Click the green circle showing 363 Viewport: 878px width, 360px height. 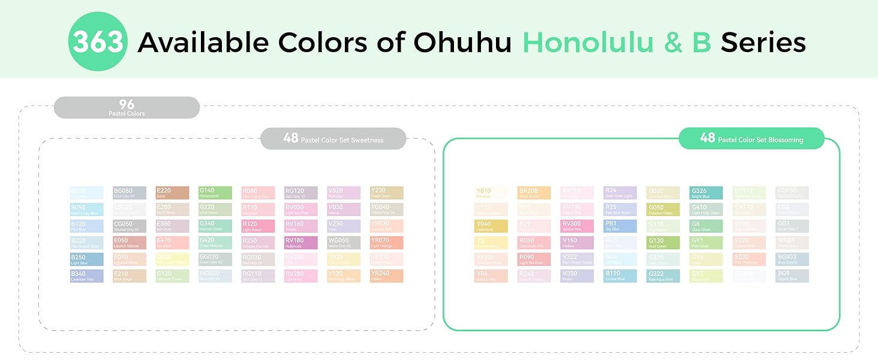[97, 42]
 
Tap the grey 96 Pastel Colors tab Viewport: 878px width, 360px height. [127, 107]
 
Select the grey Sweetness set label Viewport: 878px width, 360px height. [333, 139]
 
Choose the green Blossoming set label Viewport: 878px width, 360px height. [751, 139]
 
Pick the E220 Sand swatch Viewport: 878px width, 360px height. [172, 193]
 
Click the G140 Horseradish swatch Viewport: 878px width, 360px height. [215, 193]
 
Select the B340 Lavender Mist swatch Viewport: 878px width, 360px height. [86, 276]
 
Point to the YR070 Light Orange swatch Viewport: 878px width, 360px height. [387, 242]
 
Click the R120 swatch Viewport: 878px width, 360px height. [258, 226]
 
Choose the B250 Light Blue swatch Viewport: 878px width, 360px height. [86, 259]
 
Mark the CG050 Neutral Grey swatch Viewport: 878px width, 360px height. [129, 226]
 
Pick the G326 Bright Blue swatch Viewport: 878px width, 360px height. [706, 193]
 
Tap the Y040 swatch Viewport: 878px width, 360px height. [491, 226]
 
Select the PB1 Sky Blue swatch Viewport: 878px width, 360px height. [620, 226]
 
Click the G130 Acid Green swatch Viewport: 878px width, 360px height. [663, 242]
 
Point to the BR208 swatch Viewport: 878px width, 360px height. [534, 193]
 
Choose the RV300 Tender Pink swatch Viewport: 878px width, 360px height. [577, 226]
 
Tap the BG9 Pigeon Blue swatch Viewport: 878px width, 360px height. [792, 276]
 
